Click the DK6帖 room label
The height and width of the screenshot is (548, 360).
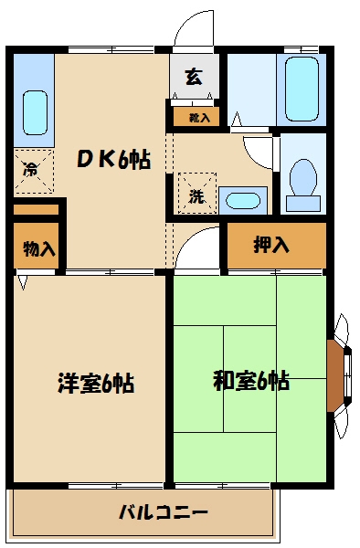pos(113,159)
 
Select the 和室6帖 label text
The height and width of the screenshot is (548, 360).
pos(251,380)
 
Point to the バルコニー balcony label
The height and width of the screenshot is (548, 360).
pos(163,511)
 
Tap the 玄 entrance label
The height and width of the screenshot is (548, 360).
pos(194,77)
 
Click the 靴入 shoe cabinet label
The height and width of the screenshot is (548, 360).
pos(198,117)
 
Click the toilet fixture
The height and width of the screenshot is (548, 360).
pos(301,179)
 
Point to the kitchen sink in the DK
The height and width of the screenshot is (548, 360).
pos(33,112)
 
